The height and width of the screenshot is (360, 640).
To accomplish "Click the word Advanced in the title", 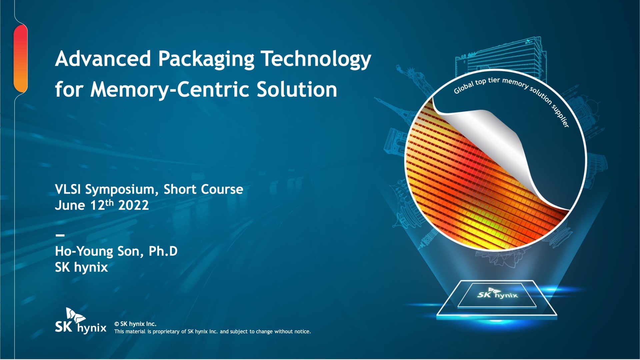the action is click(103, 59).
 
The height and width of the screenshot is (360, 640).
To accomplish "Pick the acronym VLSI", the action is click(68, 189).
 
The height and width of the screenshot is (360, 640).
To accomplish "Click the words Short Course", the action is click(203, 189).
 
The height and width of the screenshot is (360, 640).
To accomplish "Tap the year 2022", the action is click(133, 205).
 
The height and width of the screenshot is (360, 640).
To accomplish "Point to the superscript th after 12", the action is click(109, 203).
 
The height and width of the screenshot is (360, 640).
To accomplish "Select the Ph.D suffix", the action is click(163, 251).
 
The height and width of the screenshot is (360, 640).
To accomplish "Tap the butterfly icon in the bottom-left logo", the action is click(75, 315).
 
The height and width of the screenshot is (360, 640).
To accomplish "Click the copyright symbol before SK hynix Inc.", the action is click(117, 324).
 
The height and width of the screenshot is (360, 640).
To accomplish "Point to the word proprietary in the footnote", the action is click(166, 332).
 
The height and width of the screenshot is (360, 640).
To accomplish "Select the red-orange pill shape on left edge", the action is click(21, 59).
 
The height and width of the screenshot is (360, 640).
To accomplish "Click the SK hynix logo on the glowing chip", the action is click(497, 294).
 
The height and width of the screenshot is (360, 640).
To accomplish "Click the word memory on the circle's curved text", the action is click(515, 83).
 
